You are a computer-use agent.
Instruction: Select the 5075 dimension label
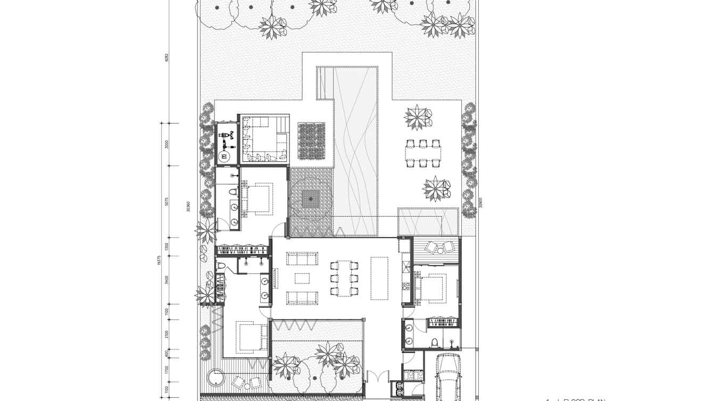coord(167,202)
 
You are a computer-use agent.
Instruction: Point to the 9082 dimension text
coord(167,57)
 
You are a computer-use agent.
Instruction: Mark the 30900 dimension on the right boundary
coord(480,203)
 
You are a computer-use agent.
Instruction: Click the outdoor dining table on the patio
coord(423,153)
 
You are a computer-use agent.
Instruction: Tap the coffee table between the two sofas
coord(302,278)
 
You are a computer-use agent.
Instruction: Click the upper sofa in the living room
coord(302,258)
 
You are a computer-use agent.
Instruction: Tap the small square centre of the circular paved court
coord(311,199)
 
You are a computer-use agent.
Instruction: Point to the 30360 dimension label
coord(188,206)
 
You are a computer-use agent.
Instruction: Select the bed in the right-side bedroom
coord(433,287)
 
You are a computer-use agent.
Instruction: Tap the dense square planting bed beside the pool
coord(311,140)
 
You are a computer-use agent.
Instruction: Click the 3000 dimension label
coord(167,144)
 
